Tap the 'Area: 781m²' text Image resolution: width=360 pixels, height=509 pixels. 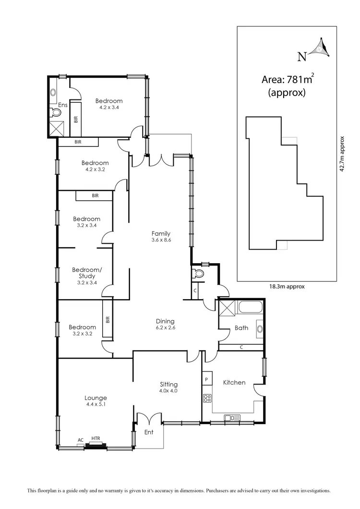click(x=287, y=80)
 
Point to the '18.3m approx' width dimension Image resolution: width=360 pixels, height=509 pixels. click(x=287, y=286)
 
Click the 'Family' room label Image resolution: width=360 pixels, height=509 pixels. click(x=161, y=234)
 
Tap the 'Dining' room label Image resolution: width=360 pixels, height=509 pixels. click(x=165, y=321)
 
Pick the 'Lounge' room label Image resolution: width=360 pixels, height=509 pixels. click(x=96, y=398)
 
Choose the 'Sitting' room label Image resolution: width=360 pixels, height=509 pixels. click(x=168, y=384)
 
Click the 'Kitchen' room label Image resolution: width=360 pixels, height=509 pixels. click(x=234, y=383)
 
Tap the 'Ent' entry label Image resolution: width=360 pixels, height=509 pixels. click(x=149, y=432)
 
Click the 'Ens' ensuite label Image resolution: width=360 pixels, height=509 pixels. click(x=62, y=105)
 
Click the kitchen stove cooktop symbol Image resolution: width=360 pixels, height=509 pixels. click(x=207, y=398)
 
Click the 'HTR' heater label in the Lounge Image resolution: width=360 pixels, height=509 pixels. click(x=96, y=438)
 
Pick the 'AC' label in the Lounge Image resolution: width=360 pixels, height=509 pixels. click(x=80, y=439)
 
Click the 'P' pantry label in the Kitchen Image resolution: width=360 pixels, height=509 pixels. click(x=206, y=379)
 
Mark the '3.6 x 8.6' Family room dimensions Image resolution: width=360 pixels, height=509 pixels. click(x=161, y=241)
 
